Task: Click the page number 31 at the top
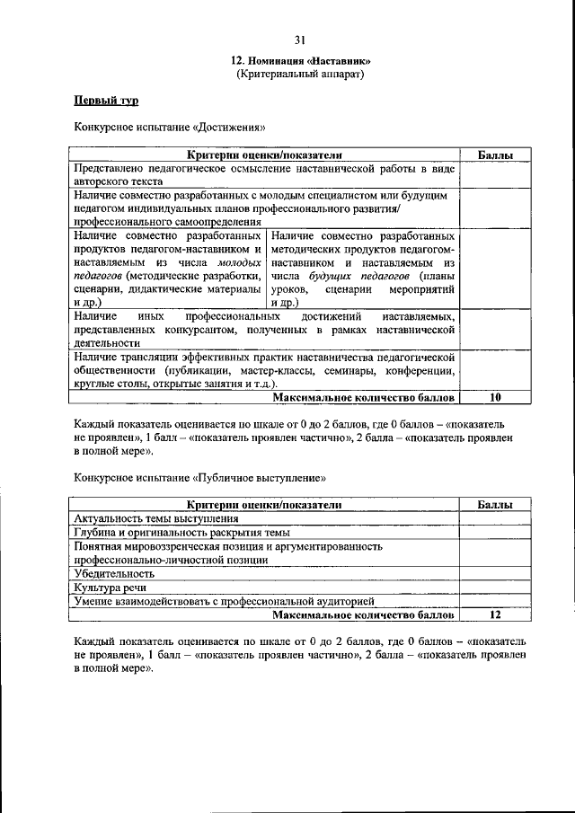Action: [299, 39]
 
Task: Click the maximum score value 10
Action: [494, 397]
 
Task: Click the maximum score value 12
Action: [495, 615]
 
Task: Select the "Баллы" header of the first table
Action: [495, 156]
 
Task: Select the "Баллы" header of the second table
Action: [495, 506]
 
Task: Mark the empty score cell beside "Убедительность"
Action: [495, 573]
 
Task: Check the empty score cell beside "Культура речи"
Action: [495, 587]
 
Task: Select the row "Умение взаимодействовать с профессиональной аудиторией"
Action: [224, 601]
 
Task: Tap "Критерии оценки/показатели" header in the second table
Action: [264, 506]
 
